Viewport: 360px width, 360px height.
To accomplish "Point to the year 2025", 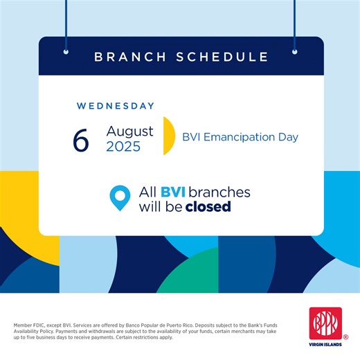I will [123, 147].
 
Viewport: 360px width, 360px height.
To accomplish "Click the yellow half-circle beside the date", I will [168, 136].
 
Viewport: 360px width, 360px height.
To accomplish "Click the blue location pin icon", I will [120, 198].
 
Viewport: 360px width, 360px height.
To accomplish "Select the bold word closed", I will [208, 206].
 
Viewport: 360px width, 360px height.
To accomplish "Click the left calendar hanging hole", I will [66, 51].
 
